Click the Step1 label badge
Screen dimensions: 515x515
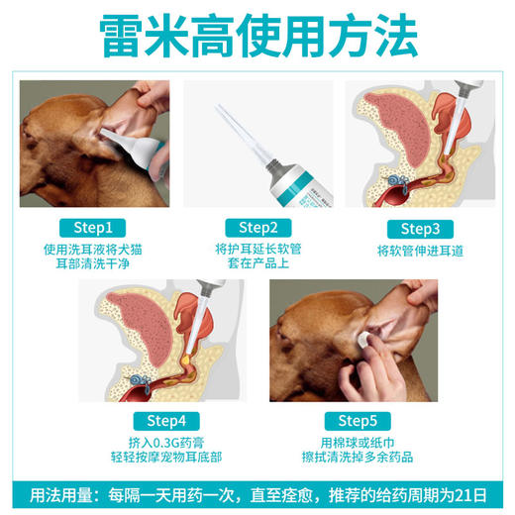(x=93, y=227)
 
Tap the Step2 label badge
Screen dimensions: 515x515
(x=257, y=227)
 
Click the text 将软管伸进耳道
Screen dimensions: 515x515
(x=421, y=251)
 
